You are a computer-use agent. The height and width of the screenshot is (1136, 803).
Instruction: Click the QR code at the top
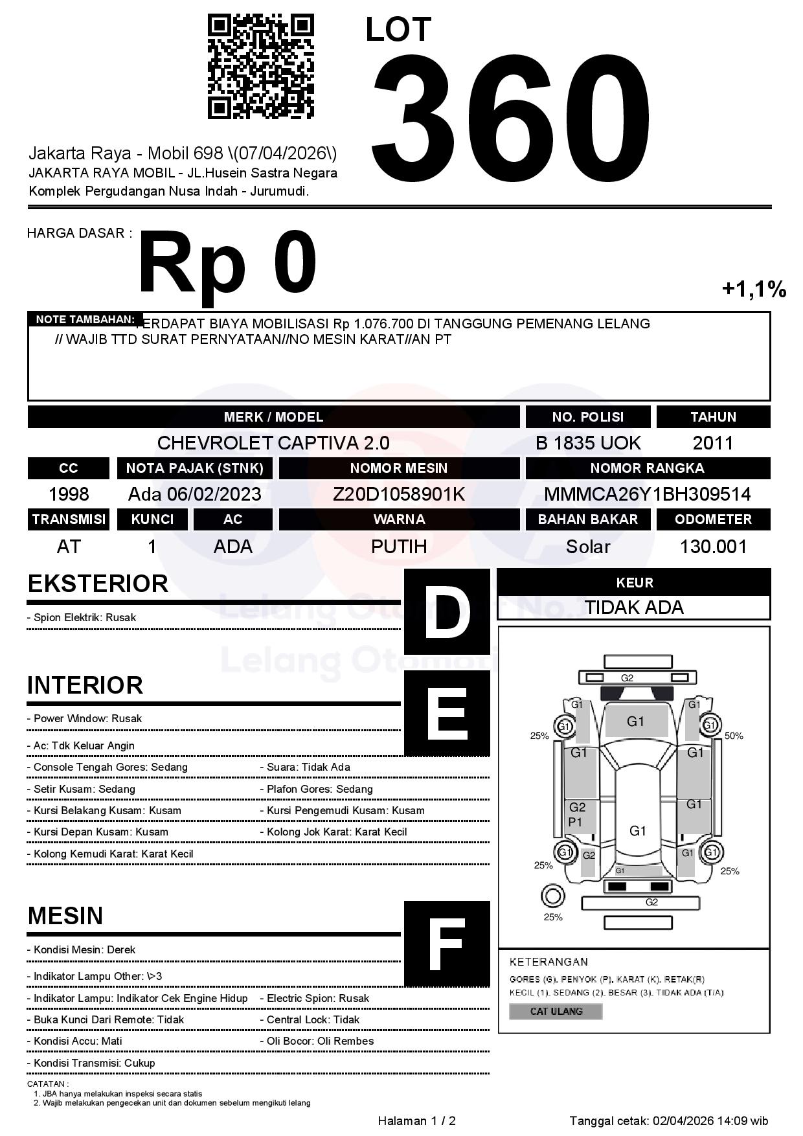pos(260,67)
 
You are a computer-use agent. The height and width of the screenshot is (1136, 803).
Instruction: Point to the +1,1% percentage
pos(754,289)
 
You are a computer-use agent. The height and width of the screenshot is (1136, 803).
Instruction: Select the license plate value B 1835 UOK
pos(588,443)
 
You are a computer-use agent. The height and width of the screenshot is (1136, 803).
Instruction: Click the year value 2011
pos(713,443)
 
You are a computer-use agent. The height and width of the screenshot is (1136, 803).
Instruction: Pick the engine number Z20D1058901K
pos(399,494)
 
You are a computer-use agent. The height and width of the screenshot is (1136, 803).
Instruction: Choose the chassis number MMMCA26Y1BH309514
pos(647,494)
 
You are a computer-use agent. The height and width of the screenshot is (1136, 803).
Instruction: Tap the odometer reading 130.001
pos(713,547)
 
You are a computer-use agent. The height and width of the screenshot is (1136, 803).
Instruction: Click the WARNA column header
pos(399,519)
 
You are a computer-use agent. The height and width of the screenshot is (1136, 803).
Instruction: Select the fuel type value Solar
pos(588,547)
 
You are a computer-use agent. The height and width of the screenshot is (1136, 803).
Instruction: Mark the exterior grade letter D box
pos(446,611)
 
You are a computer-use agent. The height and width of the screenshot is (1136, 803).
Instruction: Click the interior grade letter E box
pos(446,713)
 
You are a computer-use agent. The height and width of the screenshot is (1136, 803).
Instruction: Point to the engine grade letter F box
pos(446,944)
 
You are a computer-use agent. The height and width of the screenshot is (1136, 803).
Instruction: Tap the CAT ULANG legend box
pos(556,1011)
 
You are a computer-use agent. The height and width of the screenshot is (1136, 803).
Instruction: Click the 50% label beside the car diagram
pos(734,736)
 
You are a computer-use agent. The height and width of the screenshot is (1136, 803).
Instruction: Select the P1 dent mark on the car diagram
pos(575,822)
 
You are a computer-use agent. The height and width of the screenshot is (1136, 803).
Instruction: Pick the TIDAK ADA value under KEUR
pos(634,608)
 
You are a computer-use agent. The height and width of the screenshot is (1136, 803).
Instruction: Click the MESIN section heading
pos(65,916)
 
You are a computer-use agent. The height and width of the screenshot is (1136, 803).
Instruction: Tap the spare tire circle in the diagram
pos(552,896)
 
